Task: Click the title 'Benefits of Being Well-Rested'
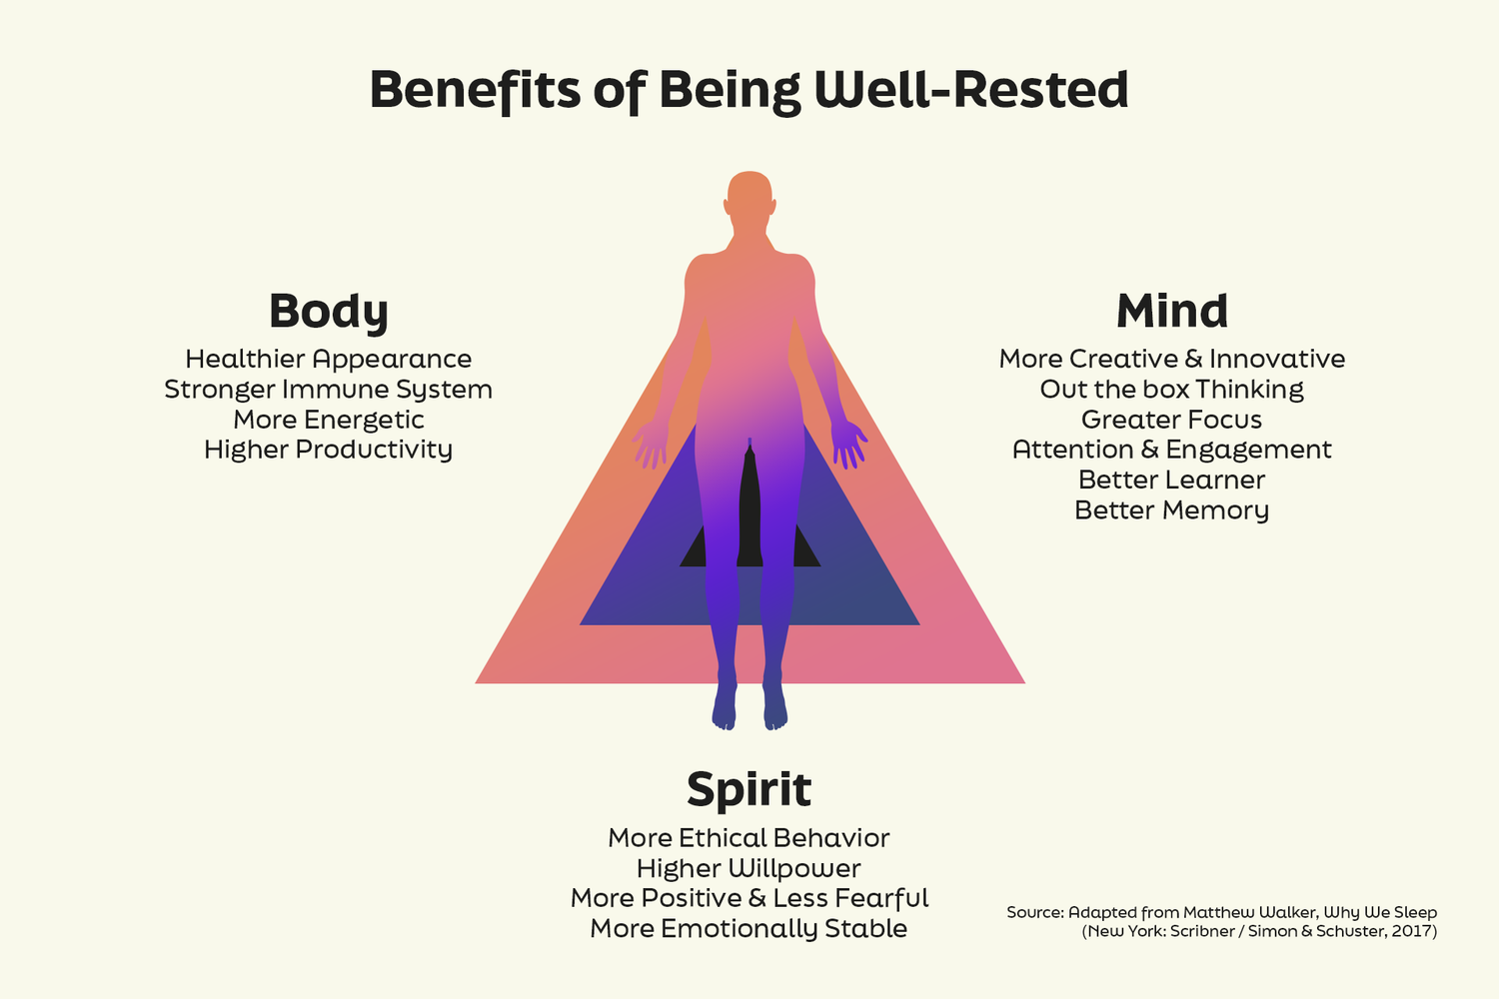tap(749, 90)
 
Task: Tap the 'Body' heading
tap(329, 311)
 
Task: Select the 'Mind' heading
tap(1172, 311)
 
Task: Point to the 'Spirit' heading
tap(749, 789)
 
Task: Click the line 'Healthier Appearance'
tap(329, 360)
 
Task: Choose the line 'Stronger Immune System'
tap(329, 390)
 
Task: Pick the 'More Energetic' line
tap(329, 421)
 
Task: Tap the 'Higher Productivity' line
tap(329, 450)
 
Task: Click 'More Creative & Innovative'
tap(1172, 360)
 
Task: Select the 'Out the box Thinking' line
tap(1172, 390)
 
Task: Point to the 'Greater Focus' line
tap(1172, 420)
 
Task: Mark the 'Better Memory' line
tap(1172, 510)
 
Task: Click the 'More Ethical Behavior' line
tap(749, 838)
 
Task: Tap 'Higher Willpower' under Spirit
tap(749, 868)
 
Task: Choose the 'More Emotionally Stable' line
tap(749, 929)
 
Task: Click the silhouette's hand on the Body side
tap(650, 445)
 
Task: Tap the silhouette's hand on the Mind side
tap(849, 445)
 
